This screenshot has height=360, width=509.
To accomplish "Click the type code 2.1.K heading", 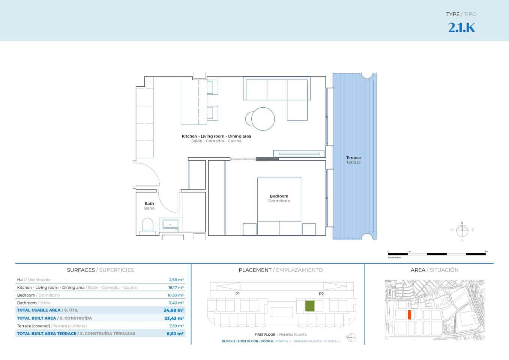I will point(461,28).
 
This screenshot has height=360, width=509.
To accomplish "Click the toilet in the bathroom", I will point(147,226).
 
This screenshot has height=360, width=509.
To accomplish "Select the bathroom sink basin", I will point(170,225).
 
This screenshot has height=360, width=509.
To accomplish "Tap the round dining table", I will point(263,119).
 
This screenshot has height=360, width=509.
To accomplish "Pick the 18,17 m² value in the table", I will point(176,288).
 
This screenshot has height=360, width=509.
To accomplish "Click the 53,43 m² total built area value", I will point(174,318).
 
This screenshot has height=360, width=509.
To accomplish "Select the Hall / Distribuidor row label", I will point(34,280).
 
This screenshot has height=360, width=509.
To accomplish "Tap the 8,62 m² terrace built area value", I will point(175,333).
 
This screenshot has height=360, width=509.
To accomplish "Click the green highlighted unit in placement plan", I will point(309,306).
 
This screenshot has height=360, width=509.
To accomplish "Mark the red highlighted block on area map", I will point(410,315).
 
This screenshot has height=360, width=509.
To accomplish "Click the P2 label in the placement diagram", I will point(321,294).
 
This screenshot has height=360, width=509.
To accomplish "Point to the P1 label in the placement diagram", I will point(237,294).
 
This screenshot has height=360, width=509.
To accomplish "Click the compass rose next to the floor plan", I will point(462,230).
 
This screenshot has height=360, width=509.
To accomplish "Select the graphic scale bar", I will point(437,254).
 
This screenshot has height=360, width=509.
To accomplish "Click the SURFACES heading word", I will point(81,270).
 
